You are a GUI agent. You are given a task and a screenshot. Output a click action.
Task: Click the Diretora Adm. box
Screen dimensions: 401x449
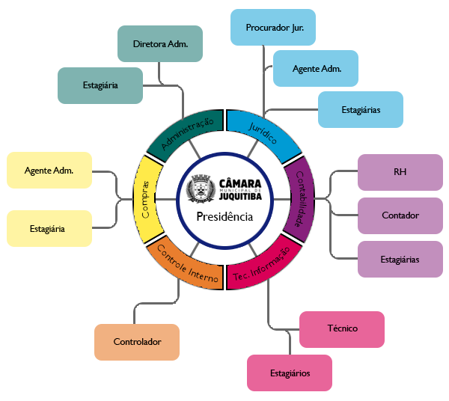(159, 43)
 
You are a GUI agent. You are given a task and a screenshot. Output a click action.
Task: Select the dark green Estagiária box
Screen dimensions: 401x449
(100, 85)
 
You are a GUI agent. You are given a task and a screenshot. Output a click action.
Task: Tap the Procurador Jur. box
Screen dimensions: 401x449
(273, 28)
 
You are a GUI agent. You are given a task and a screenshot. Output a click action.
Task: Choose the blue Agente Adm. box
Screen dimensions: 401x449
(317, 69)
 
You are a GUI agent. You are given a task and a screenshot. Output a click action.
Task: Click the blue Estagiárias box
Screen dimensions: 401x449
(361, 109)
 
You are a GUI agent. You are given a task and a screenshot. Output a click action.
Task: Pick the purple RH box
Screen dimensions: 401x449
(400, 172)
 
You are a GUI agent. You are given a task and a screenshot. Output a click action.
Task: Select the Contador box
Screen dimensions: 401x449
(400, 215)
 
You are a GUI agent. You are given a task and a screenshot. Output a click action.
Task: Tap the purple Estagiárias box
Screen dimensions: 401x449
(400, 259)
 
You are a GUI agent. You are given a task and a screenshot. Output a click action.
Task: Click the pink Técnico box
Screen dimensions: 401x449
(342, 328)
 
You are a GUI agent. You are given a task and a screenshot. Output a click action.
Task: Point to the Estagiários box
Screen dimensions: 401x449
(290, 373)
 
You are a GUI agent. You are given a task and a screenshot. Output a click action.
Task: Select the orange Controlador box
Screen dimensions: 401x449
(137, 342)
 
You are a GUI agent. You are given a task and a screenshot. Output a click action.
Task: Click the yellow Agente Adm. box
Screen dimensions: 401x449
(49, 170)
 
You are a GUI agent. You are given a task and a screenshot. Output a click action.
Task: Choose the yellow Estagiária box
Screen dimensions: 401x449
(49, 228)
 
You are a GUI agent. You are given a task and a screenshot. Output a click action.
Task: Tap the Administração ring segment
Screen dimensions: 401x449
(182, 133)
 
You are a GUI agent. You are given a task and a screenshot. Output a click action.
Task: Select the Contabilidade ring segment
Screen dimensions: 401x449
(296, 198)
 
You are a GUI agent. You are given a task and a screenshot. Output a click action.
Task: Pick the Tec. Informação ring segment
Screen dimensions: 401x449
(262, 263)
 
